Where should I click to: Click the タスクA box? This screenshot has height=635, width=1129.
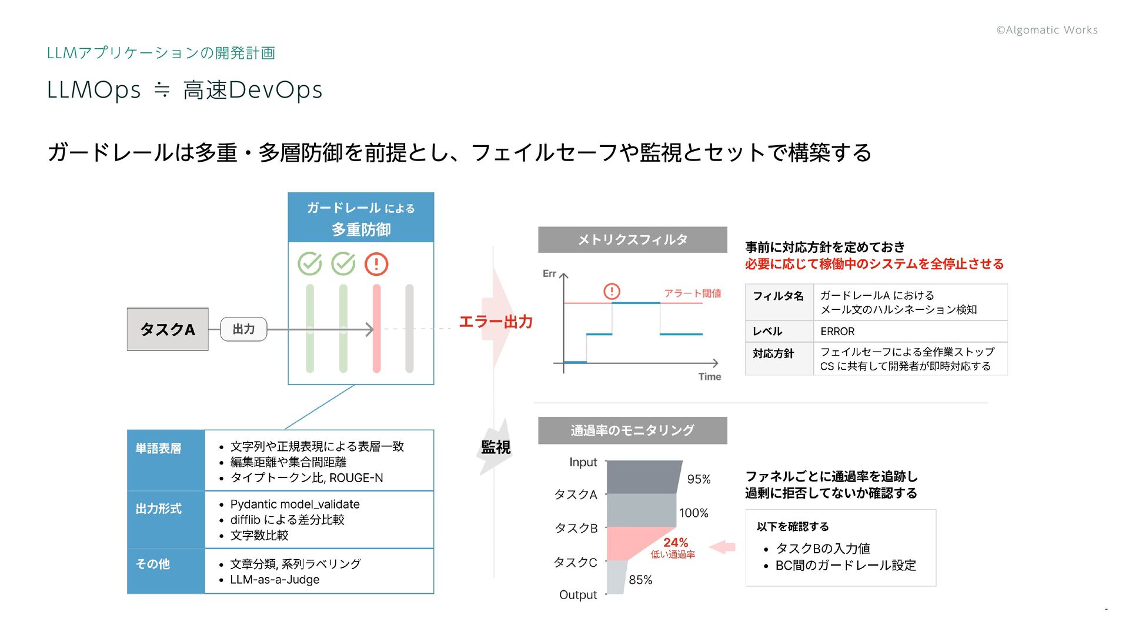tap(168, 329)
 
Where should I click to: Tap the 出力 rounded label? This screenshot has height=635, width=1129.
tap(243, 329)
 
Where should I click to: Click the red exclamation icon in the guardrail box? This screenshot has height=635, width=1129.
tap(376, 264)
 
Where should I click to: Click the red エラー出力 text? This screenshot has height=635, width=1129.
tap(496, 322)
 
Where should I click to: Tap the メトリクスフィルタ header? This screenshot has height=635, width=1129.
tap(632, 240)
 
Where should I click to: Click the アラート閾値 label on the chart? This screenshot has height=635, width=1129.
tap(692, 293)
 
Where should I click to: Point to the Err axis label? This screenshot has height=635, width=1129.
tap(549, 273)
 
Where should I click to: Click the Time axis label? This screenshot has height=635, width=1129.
tap(709, 377)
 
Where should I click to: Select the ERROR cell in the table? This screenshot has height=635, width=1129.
tap(837, 332)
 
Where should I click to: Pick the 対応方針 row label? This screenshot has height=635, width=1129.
tap(773, 353)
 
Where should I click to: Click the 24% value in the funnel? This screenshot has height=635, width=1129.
tap(676, 543)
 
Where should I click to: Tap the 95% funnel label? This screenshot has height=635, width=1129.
tap(699, 479)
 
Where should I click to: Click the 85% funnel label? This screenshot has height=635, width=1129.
tap(640, 580)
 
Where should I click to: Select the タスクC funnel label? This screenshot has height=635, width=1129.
tap(575, 563)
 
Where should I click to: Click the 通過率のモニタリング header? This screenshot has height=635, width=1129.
tap(632, 430)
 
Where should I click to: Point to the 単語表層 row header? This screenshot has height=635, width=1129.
tap(158, 449)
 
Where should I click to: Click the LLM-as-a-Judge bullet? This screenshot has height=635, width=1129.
tap(275, 580)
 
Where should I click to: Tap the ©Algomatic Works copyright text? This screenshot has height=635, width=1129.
tap(1047, 30)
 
